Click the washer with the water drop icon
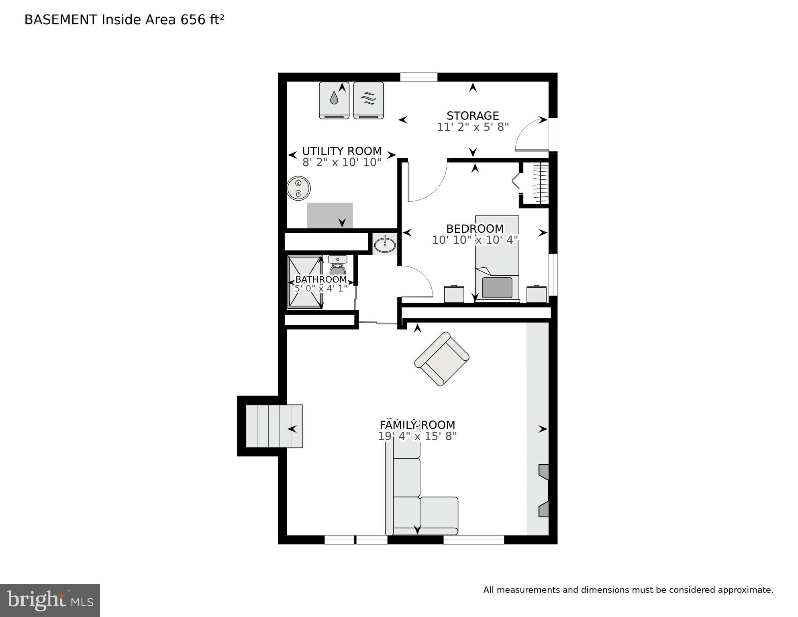coord(334,100)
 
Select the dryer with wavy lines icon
coord(368,100)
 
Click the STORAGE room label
coord(473,116)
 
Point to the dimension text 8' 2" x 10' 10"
coord(342,162)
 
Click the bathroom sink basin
coord(385,244)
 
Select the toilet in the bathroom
coord(337,266)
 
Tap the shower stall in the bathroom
coord(305,282)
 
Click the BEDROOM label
coord(475,229)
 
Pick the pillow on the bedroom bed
coord(497,287)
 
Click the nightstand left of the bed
coord(454,294)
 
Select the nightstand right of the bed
coord(536,294)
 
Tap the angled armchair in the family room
coord(441,359)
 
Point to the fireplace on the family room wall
coord(543,490)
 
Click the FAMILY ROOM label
coord(417,425)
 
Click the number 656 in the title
coord(193,20)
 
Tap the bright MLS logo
coord(50,601)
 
